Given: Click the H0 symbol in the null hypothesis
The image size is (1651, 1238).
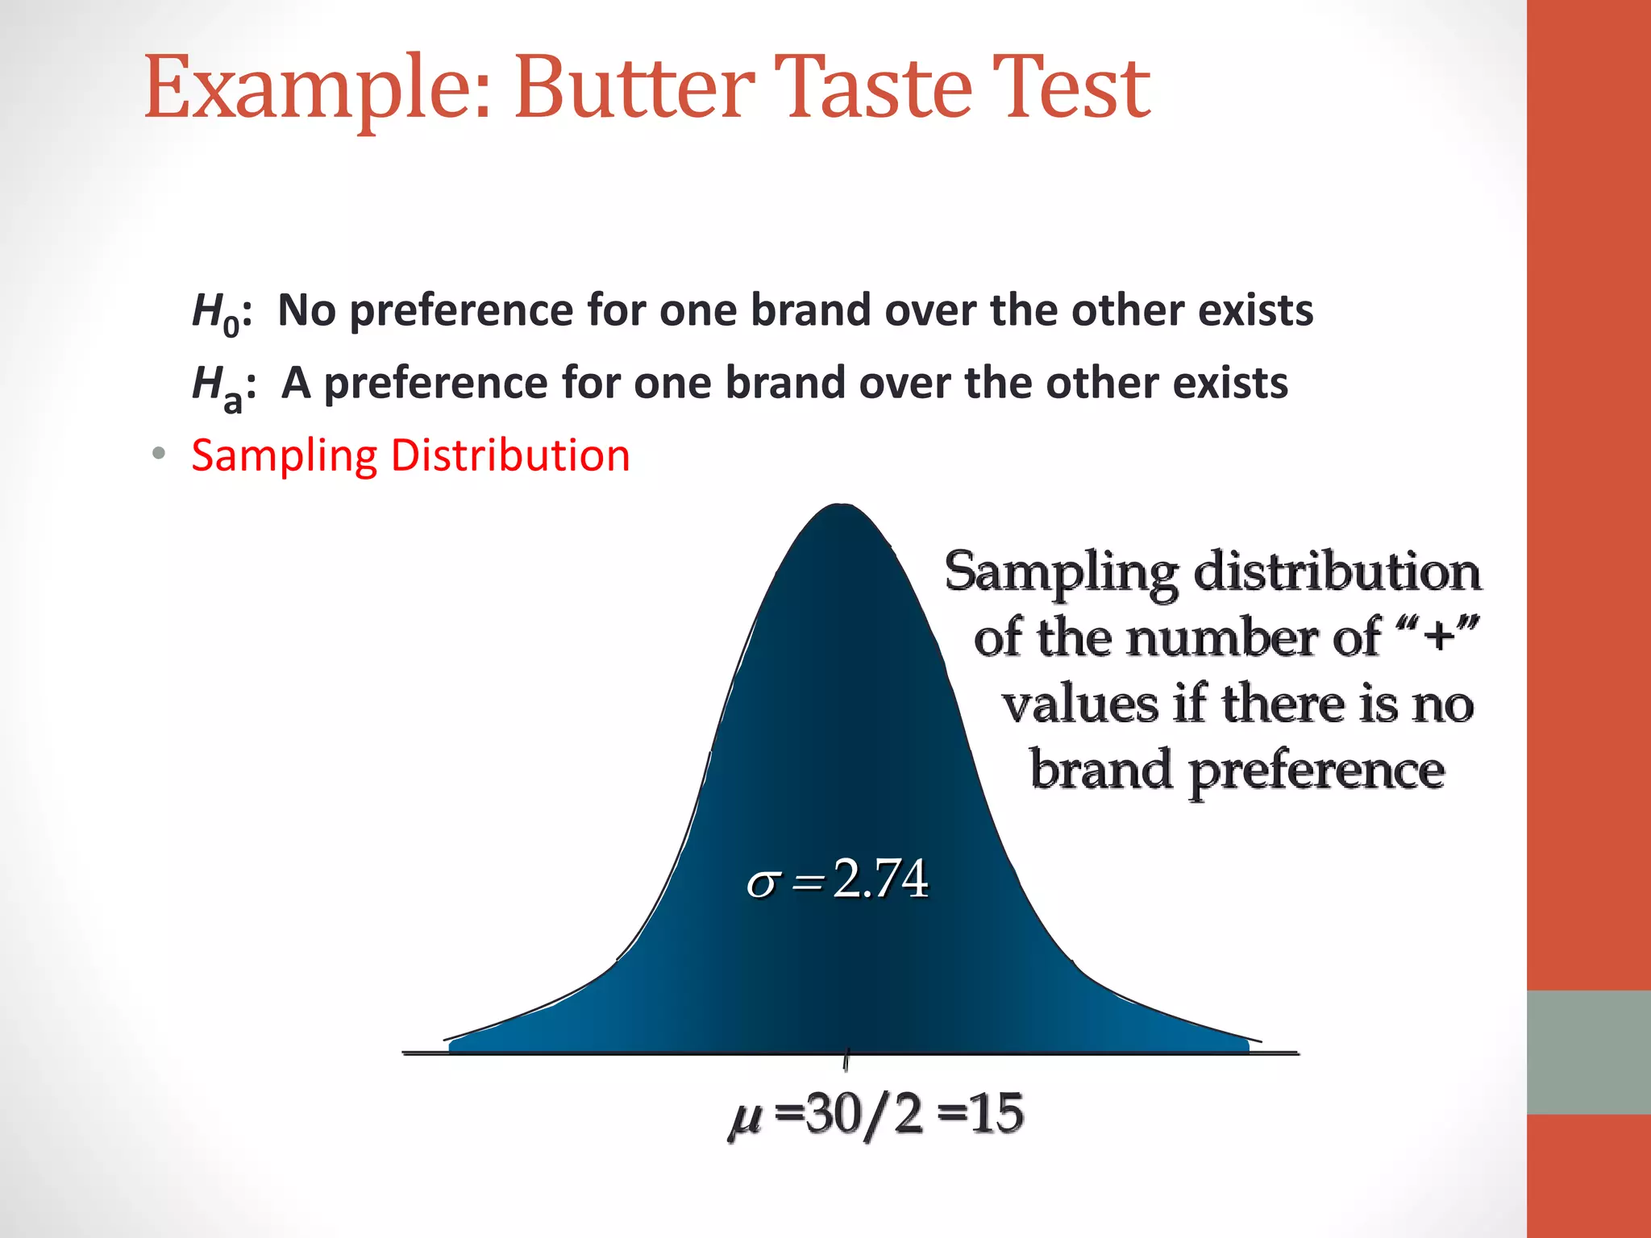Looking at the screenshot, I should tap(217, 313).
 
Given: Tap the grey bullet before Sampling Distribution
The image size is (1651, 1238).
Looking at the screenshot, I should tap(159, 454).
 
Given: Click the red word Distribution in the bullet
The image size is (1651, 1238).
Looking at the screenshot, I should tap(509, 455).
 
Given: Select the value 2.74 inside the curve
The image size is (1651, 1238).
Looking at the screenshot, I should tap(880, 878).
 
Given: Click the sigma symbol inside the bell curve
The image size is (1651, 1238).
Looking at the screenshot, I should tap(762, 883).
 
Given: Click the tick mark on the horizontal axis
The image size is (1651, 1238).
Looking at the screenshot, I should tap(846, 1060).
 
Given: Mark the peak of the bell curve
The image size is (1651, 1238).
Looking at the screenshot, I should tap(841, 508).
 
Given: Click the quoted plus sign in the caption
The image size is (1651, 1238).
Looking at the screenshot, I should tap(1439, 636).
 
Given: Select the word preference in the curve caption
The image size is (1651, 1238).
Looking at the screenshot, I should tap(1316, 771).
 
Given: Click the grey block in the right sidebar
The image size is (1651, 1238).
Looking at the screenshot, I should tap(1588, 1052).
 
